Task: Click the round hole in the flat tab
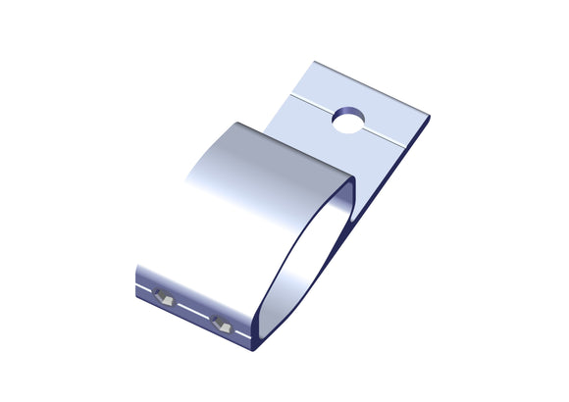point(348,122)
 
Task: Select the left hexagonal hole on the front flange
point(163,297)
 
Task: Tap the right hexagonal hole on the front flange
point(221,323)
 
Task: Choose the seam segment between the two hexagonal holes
point(192,311)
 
